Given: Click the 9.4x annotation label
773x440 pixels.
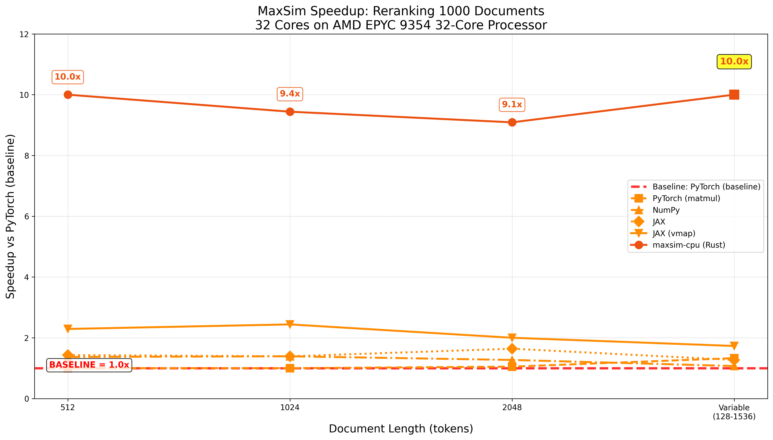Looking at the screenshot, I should [290, 94].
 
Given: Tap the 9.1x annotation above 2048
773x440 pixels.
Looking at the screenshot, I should [512, 105].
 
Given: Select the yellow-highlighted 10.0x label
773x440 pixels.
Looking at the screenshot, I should [734, 61].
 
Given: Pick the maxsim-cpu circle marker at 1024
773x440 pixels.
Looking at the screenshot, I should [290, 112].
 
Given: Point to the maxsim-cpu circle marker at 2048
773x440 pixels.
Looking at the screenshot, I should [512, 122].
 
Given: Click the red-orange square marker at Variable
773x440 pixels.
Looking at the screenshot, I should [734, 95].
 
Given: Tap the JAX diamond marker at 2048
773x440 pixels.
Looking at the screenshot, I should [512, 349].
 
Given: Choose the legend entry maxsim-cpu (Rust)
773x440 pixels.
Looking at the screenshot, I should [688, 245].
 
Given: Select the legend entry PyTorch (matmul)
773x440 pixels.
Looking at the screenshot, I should [686, 199].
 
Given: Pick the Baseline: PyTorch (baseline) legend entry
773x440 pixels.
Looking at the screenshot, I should [706, 187].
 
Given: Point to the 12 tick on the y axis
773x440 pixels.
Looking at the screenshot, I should [24, 34].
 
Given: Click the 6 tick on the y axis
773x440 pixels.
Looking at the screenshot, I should [26, 216].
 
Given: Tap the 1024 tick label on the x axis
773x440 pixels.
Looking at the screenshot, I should [290, 408].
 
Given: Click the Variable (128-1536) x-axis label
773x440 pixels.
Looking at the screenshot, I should [734, 412].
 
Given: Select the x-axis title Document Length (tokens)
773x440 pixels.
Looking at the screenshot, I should [401, 429].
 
